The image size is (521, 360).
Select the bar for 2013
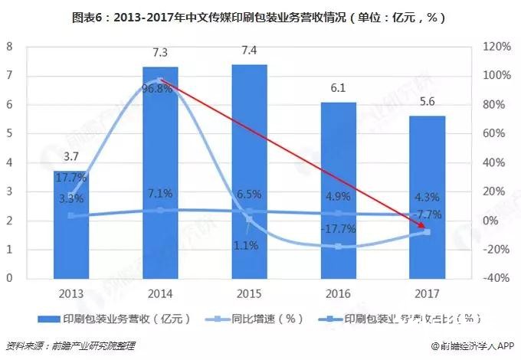(69, 230)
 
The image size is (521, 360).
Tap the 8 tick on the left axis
(9, 47)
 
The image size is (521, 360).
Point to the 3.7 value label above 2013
(70, 157)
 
